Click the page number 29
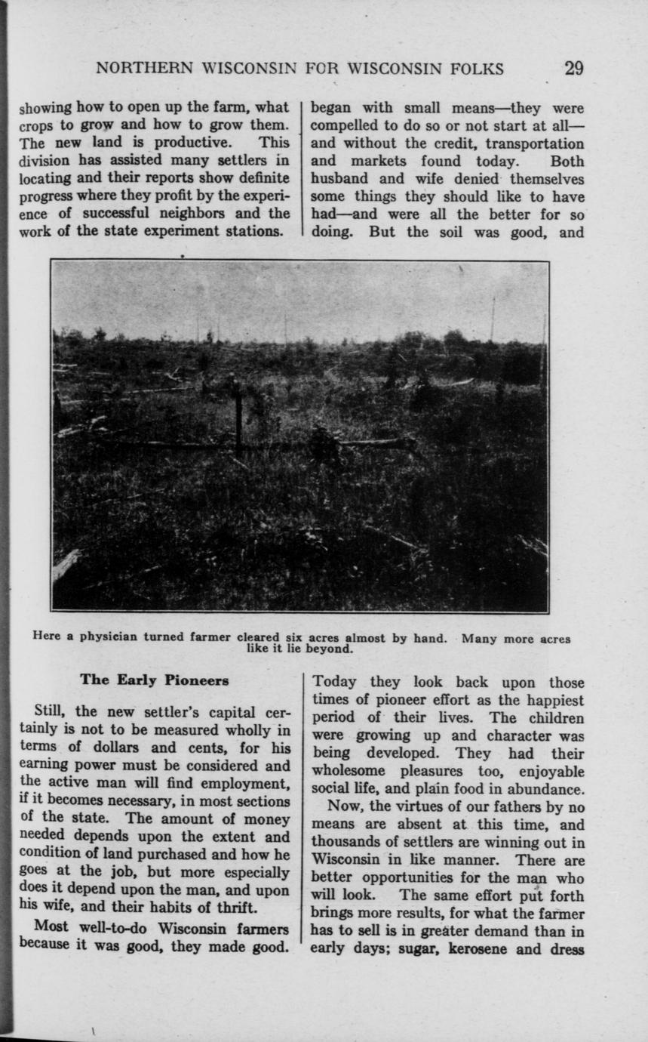[x=573, y=69]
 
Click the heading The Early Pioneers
[x=154, y=680]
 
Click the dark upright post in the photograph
[x=238, y=422]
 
